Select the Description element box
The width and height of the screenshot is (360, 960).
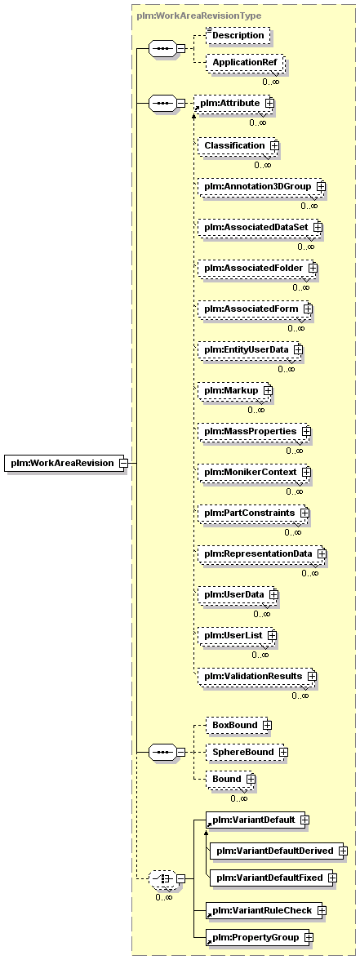pyautogui.click(x=238, y=36)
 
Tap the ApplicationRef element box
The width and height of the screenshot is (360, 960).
pyautogui.click(x=244, y=62)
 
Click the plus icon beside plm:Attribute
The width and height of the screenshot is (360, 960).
pyautogui.click(x=269, y=104)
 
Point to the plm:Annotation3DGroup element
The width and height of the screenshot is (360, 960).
pyautogui.click(x=261, y=186)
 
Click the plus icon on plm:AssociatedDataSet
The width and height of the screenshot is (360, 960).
pyautogui.click(x=317, y=227)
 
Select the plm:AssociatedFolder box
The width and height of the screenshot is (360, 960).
pyautogui.click(x=258, y=268)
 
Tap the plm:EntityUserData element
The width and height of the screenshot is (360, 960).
pyautogui.click(x=251, y=349)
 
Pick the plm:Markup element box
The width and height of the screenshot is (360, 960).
pyautogui.click(x=235, y=390)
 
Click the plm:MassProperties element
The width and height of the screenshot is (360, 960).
pyautogui.click(x=254, y=432)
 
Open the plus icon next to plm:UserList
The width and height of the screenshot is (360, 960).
pyautogui.click(x=272, y=635)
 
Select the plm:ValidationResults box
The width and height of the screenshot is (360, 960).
pyautogui.click(x=257, y=676)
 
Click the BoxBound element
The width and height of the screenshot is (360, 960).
pyautogui.click(x=238, y=725)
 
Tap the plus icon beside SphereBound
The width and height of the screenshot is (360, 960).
pyautogui.click(x=283, y=752)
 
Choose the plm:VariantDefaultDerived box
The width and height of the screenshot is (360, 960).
pyautogui.click(x=278, y=851)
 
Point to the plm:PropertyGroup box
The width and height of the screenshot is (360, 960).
pyautogui.click(x=260, y=937)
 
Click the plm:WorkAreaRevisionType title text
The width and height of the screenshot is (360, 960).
pyautogui.click(x=199, y=16)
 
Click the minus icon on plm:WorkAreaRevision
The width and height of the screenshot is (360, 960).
pyautogui.click(x=124, y=464)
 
